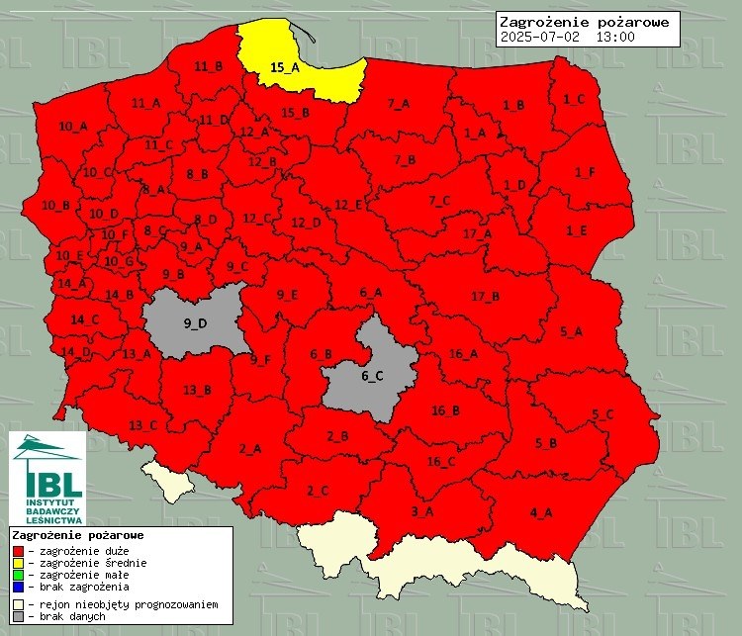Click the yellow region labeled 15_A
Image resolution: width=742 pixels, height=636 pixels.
click(284, 67)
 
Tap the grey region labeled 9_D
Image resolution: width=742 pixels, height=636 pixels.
click(195, 322)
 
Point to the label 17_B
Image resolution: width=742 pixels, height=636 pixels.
click(485, 297)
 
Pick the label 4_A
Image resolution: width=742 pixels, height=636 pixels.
click(541, 511)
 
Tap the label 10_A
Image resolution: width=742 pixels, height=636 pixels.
click(72, 127)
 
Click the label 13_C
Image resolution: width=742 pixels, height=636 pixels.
click(142, 425)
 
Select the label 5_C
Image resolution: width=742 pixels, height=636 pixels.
click(603, 413)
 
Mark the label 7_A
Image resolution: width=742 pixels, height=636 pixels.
click(399, 103)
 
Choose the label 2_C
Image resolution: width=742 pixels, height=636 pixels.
click(318, 491)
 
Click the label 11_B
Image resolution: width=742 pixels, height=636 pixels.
click(208, 66)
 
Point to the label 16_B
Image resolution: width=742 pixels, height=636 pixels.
click(445, 410)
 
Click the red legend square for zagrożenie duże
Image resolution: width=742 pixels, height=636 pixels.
click(17, 550)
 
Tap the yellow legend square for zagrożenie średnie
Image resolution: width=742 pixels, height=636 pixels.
click(17, 563)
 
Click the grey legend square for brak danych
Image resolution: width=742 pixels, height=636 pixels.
click(17, 615)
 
